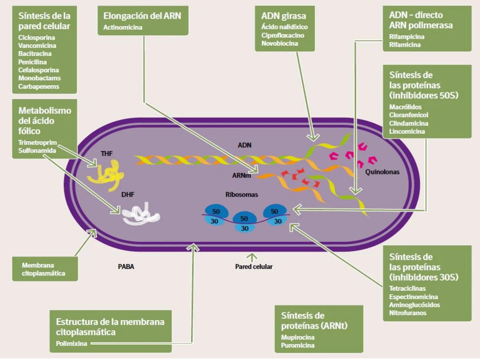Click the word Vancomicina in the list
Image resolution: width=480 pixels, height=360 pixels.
[x=37, y=46]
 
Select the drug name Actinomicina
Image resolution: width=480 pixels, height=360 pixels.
[x=123, y=27]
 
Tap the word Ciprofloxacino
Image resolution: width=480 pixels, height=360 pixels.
[x=283, y=35]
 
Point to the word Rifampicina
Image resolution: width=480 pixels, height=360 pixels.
[x=407, y=37]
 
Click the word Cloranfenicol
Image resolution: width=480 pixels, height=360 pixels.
[x=409, y=115]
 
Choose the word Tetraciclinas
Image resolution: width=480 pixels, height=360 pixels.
[x=407, y=288]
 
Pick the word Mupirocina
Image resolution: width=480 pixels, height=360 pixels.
[x=298, y=337]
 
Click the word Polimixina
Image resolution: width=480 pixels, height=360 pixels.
[x=71, y=343]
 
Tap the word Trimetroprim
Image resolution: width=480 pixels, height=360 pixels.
[x=37, y=143]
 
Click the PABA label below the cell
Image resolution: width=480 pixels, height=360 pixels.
[x=126, y=267]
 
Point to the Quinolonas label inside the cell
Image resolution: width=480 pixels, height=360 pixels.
[x=382, y=172]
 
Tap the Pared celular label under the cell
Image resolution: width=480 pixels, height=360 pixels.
[x=254, y=267]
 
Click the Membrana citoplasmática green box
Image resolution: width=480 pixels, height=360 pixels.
[x=45, y=269]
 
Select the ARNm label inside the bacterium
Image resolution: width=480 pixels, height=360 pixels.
[x=241, y=175]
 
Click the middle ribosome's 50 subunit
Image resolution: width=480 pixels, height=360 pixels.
[x=244, y=219]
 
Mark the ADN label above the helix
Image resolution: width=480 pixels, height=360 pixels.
[x=244, y=145]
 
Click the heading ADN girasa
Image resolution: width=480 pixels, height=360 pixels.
[x=283, y=16]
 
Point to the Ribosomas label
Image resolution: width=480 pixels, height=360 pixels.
[x=242, y=195]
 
